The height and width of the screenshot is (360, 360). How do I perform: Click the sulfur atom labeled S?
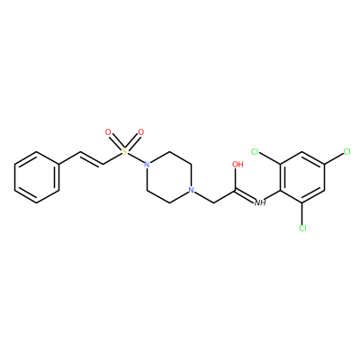[x=124, y=152]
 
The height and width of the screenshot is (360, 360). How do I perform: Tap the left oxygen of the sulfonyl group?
[x=108, y=132]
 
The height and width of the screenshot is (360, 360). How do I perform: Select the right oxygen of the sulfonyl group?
[x=141, y=132]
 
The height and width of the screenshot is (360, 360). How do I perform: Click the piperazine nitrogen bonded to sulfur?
[x=147, y=165]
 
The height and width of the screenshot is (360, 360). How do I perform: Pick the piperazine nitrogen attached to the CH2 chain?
[x=191, y=190]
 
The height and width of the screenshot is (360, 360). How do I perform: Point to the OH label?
[x=238, y=165]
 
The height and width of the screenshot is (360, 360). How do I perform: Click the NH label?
[x=260, y=203]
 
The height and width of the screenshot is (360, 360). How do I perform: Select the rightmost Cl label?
[x=346, y=152]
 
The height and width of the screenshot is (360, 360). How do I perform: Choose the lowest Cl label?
[x=302, y=229]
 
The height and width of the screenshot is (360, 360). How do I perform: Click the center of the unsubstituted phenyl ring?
[x=37, y=177]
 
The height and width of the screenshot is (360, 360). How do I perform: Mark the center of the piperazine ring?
[x=168, y=177]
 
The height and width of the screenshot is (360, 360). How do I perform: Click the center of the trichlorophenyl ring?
[x=302, y=177]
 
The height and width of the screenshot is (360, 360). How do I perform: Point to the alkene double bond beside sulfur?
[x=92, y=159]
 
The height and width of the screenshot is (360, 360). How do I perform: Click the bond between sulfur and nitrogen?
[x=136, y=158]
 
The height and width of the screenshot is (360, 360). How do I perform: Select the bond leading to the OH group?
[x=237, y=179]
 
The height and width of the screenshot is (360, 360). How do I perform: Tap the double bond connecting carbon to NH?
[x=246, y=195]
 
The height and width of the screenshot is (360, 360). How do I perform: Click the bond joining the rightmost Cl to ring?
[x=334, y=158]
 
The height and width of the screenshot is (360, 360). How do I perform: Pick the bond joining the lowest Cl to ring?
[x=302, y=213]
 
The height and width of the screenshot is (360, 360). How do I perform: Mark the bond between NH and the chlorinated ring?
[x=274, y=195]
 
